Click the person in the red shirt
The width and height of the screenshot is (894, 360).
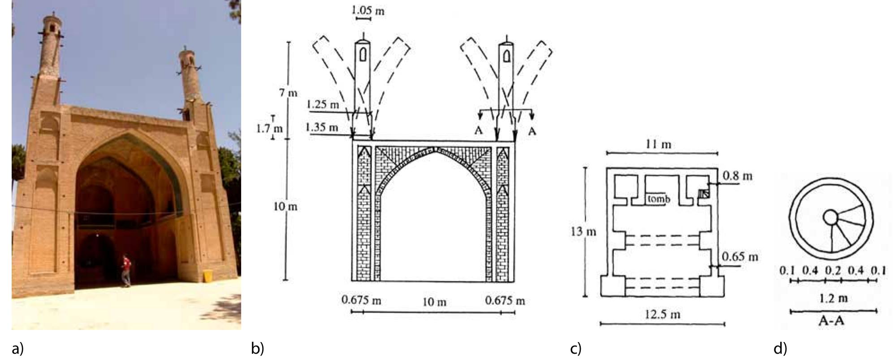coord(126,270)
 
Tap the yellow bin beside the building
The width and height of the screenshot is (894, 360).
coord(208,276)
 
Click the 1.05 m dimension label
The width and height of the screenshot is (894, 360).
coord(369,10)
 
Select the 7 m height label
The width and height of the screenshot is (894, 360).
coord(288,93)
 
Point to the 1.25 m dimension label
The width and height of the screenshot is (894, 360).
coord(323,105)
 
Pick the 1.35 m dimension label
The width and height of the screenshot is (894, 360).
coord(322,127)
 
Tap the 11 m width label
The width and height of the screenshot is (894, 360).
coord(661,144)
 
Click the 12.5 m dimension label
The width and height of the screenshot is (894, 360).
coord(662,314)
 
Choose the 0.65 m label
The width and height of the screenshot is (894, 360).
coord(740,257)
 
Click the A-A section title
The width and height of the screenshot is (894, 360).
coord(832,320)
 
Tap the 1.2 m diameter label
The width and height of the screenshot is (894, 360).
coord(833,299)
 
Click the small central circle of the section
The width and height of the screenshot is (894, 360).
coord(830,217)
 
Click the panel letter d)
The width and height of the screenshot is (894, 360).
coord(780,348)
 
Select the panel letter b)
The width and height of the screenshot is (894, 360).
coord(258,348)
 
